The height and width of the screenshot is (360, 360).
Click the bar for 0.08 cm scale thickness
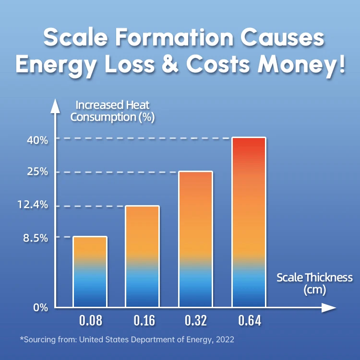[x=90, y=271]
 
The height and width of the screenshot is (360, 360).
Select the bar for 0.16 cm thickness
[x=143, y=256]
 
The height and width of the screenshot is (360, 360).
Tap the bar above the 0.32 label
[x=195, y=239]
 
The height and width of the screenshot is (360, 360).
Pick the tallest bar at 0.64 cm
[x=249, y=222]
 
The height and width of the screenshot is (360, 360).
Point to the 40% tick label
[x=37, y=140]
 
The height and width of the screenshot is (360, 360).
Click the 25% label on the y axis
[x=37, y=172]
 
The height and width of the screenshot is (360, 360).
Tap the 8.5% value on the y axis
[x=35, y=237]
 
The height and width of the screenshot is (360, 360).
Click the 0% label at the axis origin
[x=41, y=308]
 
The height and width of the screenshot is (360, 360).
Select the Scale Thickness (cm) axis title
[x=314, y=283]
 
